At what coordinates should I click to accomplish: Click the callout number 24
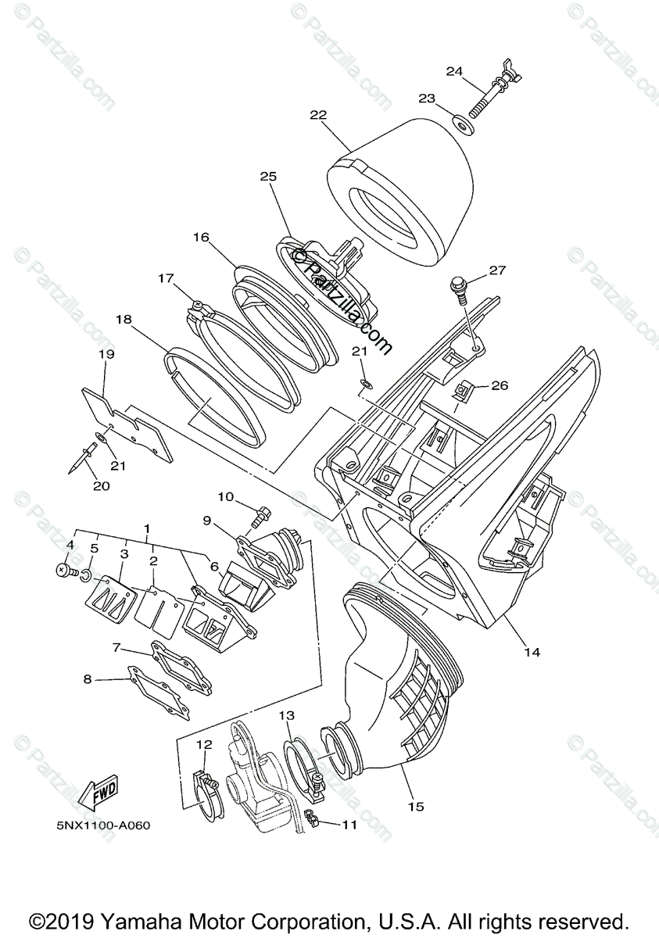pos(455,71)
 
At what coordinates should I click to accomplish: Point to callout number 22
pos(317,114)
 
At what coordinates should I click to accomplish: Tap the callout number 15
pos(416,806)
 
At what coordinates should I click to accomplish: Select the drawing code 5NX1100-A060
pos(103,824)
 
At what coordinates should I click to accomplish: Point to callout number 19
pos(106,354)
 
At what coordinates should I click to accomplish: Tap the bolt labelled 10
pos(260,515)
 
